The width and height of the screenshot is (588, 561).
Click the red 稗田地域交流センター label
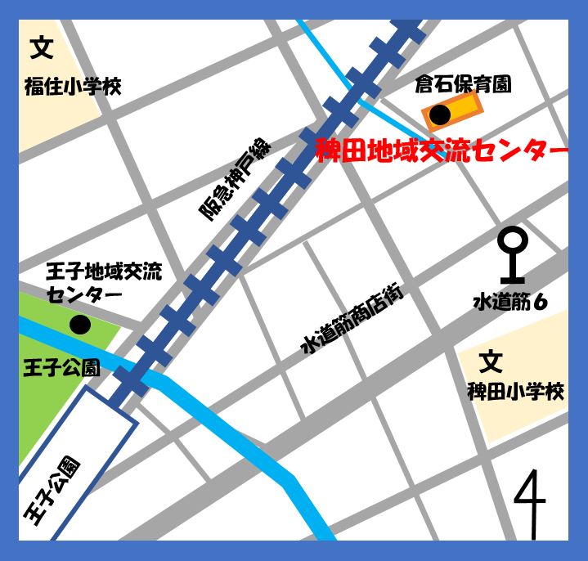[x=442, y=152]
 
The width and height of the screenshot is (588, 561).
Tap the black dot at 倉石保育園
[x=439, y=115]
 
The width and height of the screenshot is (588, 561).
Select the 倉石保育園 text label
[x=463, y=83]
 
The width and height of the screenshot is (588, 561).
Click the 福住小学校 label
[x=72, y=87]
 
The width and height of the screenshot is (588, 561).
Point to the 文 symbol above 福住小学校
[x=42, y=49]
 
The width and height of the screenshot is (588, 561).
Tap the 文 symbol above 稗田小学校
[x=490, y=361]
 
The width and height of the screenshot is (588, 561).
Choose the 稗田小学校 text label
[x=515, y=392]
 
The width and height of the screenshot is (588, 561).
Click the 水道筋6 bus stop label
[x=509, y=303]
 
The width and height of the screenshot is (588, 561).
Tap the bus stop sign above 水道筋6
[x=513, y=255]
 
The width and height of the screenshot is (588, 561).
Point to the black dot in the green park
[x=79, y=325]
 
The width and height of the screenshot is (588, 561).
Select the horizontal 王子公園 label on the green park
[x=61, y=367]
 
